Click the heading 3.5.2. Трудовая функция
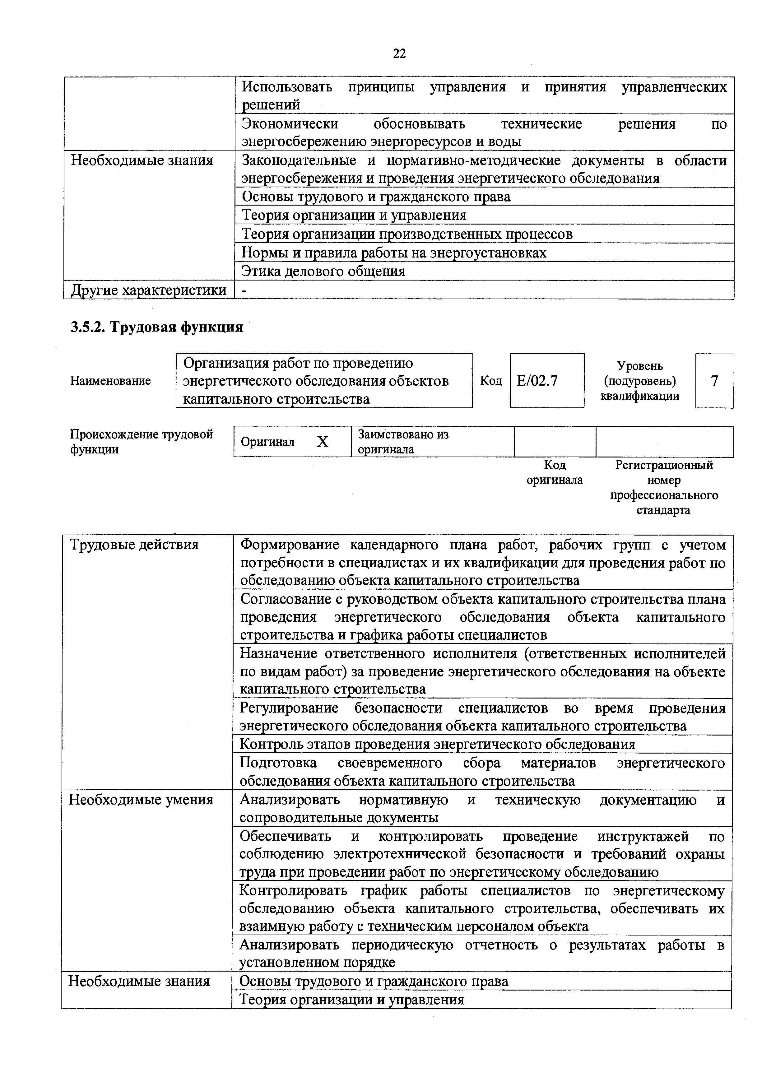pyautogui.click(x=156, y=327)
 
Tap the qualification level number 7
pyautogui.click(x=714, y=381)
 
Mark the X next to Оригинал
pyautogui.click(x=323, y=442)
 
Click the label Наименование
pyautogui.click(x=110, y=381)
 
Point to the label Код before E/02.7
pyautogui.click(x=491, y=381)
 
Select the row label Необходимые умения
pyautogui.click(x=141, y=800)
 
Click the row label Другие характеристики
pyautogui.click(x=149, y=290)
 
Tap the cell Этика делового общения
pyautogui.click(x=323, y=271)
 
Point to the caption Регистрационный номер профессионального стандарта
pyautogui.click(x=664, y=487)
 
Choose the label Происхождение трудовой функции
pyautogui.click(x=142, y=442)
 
